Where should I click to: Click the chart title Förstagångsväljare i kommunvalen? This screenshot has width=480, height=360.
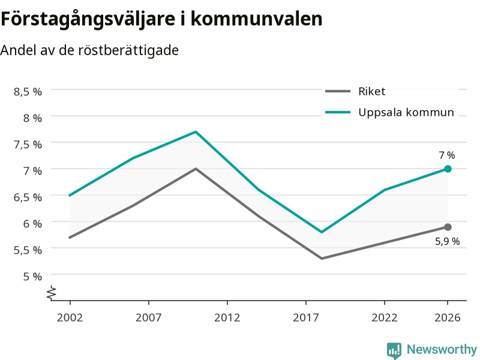tap(161, 19)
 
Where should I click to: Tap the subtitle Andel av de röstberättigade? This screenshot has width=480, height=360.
tap(89, 50)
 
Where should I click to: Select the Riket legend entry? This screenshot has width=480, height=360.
tap(355, 91)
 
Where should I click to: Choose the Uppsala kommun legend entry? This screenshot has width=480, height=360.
tap(389, 112)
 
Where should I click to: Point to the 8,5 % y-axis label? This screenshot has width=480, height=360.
tap(28, 92)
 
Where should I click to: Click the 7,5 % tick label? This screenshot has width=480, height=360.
tap(28, 144)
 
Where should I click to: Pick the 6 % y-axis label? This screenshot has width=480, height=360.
tap(32, 223)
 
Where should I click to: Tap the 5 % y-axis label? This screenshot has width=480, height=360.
tap(32, 277)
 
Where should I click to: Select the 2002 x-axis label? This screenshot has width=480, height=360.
tap(70, 317)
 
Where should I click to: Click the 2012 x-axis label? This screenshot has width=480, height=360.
tap(227, 317)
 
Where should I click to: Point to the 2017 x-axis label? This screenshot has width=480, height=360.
tap(306, 317)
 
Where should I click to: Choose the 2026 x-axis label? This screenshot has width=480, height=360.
tap(448, 317)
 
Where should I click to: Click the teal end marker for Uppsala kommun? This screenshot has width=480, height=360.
tap(448, 169)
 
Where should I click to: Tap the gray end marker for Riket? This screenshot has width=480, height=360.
tap(448, 227)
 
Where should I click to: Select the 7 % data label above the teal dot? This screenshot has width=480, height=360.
tap(447, 155)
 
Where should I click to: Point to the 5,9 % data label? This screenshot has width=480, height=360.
tap(447, 241)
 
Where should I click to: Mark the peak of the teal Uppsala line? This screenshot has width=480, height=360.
tap(196, 131)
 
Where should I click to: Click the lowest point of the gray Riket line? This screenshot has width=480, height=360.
tap(322, 259)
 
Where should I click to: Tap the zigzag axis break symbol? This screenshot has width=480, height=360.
tap(52, 293)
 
